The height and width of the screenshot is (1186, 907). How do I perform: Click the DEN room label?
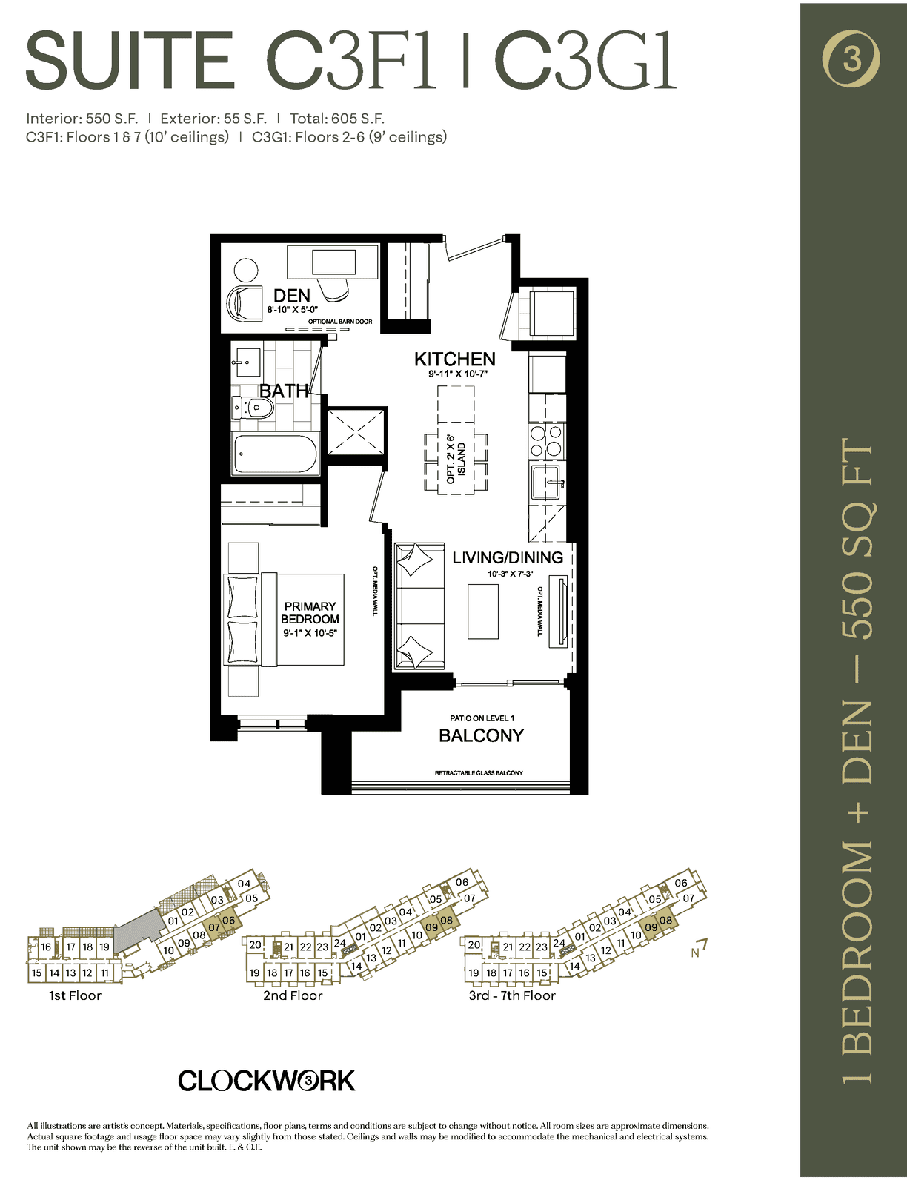point(292,296)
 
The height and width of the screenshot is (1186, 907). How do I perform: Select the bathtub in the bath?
point(275,454)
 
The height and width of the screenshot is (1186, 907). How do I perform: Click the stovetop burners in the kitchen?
point(547,441)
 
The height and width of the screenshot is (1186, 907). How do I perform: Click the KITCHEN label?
point(454,359)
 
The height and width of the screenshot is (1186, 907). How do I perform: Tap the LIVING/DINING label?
point(508,557)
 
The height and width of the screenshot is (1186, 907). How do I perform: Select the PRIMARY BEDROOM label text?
point(310,612)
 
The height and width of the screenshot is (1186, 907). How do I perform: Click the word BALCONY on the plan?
point(482,735)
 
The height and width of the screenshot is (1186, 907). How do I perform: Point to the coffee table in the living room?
point(483,611)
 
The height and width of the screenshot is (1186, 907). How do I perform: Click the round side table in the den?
point(246,270)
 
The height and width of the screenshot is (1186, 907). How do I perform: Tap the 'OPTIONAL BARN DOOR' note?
point(340,322)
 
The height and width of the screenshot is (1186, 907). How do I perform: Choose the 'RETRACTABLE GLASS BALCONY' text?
point(479,772)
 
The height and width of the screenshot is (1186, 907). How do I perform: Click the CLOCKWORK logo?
point(266,1081)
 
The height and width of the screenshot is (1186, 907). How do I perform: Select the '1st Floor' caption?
point(75,995)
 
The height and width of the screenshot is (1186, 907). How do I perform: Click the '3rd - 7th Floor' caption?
point(512,995)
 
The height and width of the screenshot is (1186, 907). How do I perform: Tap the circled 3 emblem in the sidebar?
point(851,59)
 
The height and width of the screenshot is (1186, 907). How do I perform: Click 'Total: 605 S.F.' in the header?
point(337,119)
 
